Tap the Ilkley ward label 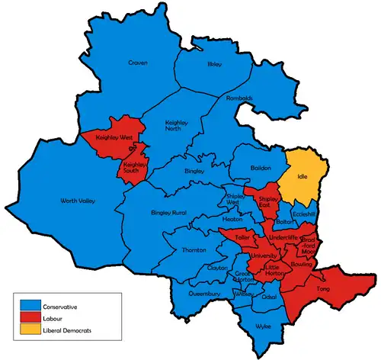point(214,65)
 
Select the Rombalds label point(239,98)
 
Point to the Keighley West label point(114,137)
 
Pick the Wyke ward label point(264,325)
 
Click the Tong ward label point(322,290)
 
